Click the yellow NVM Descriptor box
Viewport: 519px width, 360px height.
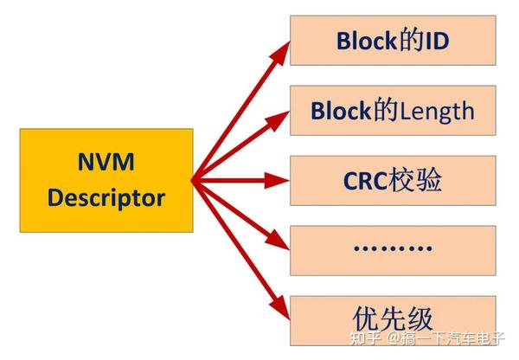point(106,180)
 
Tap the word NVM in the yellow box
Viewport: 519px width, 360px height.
point(106,162)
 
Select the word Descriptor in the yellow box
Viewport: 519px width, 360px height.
point(106,197)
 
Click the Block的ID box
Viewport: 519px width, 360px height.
point(392,41)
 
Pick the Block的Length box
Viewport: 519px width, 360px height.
point(392,110)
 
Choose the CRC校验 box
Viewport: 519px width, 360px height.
point(392,180)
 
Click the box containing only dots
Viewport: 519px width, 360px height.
point(392,249)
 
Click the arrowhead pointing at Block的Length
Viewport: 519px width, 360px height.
point(280,116)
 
